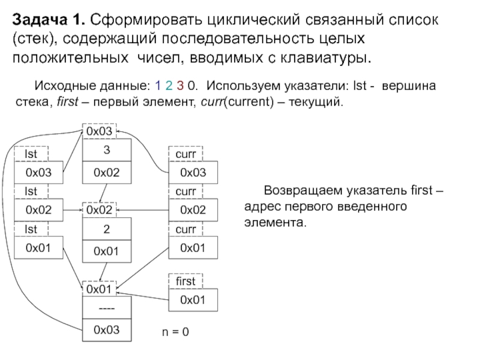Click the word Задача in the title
[x=40, y=20]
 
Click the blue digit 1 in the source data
[x=157, y=85]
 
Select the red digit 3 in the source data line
[x=182, y=85]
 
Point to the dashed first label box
[x=185, y=281]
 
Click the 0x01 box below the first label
[x=193, y=299]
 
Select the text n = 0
[x=175, y=331]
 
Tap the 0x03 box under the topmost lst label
[x=38, y=173]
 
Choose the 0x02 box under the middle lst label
[x=38, y=210]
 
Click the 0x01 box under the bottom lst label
[x=38, y=247]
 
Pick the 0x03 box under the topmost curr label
[x=193, y=173]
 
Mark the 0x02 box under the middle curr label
[x=193, y=210]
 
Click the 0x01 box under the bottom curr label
[x=193, y=247]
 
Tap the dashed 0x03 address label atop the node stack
[x=98, y=131]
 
